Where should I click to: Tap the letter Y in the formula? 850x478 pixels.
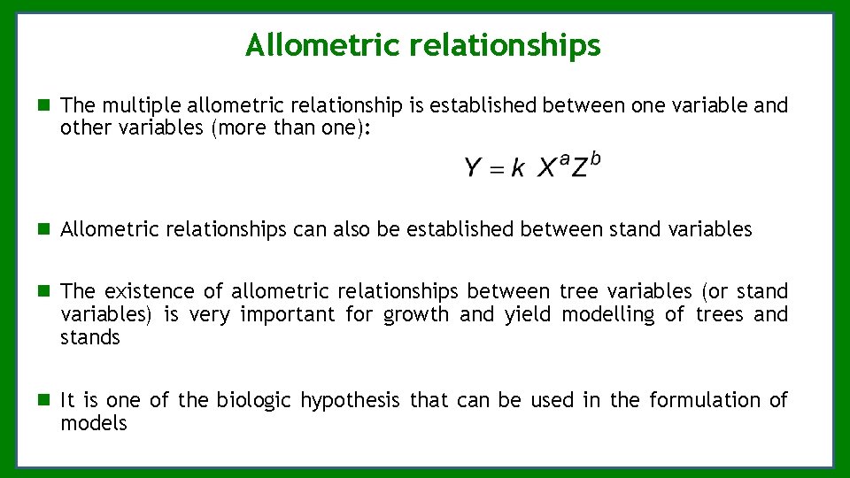[x=473, y=167]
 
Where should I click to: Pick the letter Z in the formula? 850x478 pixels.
[x=579, y=168]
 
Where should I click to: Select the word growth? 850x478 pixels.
[x=416, y=314]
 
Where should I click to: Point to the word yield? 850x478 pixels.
[x=528, y=314]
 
